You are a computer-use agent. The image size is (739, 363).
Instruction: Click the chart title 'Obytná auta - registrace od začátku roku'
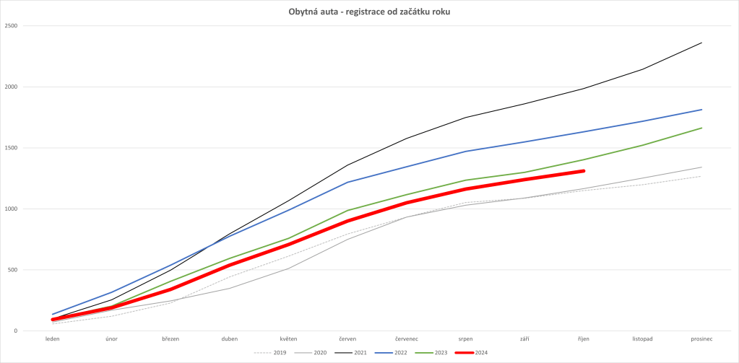369,12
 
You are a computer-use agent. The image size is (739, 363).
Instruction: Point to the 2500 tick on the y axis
12,26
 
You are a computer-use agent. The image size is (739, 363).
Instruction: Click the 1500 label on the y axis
12,148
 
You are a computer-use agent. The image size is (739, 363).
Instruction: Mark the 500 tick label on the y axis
13,271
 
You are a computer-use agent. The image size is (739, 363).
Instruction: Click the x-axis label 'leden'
53,338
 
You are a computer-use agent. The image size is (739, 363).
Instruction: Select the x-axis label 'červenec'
407,338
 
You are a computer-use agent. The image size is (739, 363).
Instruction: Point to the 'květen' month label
289,338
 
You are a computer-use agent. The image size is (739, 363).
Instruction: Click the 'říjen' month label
584,338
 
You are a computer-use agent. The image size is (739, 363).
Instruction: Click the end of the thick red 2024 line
584,171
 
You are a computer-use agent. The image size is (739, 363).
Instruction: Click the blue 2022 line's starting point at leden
53,315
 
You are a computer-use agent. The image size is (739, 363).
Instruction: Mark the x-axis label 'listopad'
643,338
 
